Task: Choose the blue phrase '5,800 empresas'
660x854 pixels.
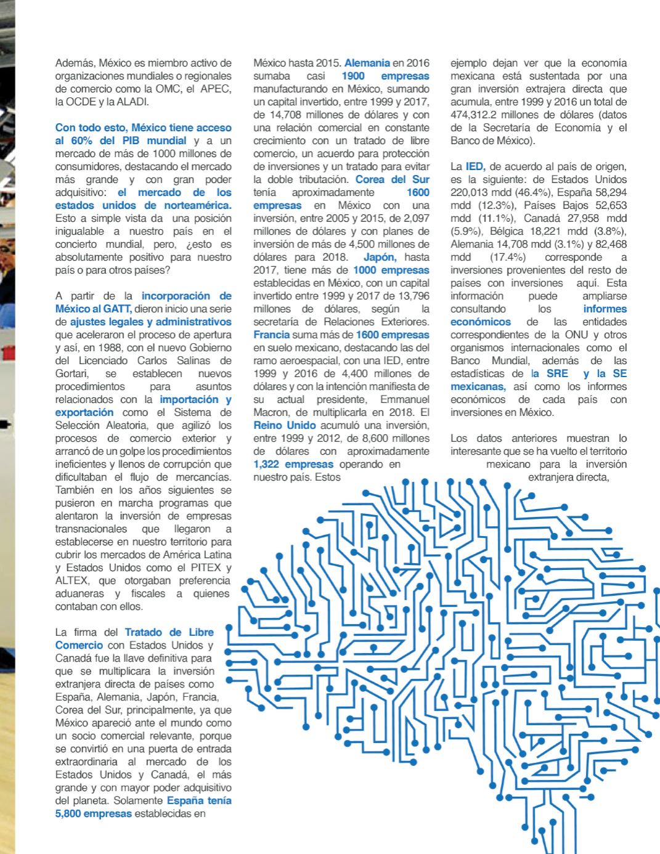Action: [93, 813]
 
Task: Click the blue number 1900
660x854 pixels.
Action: [352, 76]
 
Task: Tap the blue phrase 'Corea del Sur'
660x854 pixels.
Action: [392, 179]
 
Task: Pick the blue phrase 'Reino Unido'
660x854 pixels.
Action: [285, 425]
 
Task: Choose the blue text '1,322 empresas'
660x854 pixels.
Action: [293, 464]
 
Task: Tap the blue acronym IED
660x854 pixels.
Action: [476, 166]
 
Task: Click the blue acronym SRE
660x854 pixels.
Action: [557, 373]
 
